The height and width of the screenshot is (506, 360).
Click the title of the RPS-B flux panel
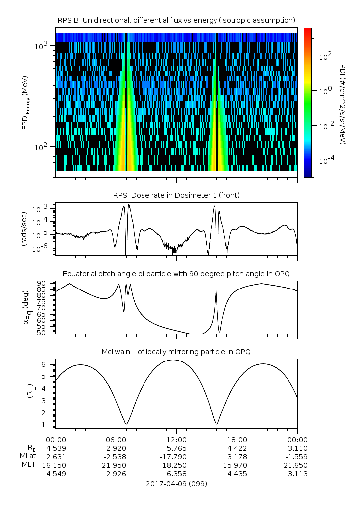pyautogui.click(x=176, y=20)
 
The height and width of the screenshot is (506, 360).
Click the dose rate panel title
pyautogui.click(x=176, y=196)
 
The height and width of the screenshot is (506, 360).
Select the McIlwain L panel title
pyautogui.click(x=176, y=352)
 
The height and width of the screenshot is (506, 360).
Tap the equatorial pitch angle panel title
pyautogui.click(x=176, y=274)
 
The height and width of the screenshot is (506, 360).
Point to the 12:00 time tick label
pyautogui.click(x=176, y=439)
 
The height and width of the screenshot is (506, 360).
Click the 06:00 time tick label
pyautogui.click(x=116, y=439)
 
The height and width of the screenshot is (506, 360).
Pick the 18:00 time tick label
pyautogui.click(x=237, y=439)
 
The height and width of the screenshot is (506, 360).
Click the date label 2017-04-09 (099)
pyautogui.click(x=176, y=483)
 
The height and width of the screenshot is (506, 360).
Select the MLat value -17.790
pyautogui.click(x=176, y=456)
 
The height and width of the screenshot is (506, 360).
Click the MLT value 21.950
pyautogui.click(x=116, y=465)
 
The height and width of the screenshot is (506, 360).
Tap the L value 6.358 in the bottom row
pyautogui.click(x=176, y=474)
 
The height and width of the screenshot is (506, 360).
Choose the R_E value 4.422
pyautogui.click(x=237, y=448)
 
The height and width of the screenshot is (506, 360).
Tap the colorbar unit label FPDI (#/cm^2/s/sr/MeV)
pyautogui.click(x=343, y=102)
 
